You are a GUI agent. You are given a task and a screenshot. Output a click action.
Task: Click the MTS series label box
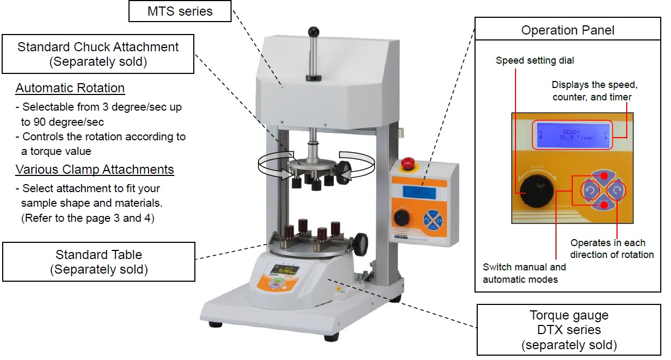click(x=180, y=11)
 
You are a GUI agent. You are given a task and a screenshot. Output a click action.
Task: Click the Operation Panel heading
click(x=567, y=30)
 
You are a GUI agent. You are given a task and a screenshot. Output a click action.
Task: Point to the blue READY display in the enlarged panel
click(x=572, y=134)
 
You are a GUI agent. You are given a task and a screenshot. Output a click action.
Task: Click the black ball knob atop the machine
click(x=313, y=32)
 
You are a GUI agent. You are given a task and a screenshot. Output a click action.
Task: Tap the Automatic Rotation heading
click(x=70, y=88)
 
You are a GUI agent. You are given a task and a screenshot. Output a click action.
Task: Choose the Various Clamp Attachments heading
click(x=94, y=169)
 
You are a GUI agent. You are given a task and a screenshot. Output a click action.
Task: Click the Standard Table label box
click(x=99, y=261)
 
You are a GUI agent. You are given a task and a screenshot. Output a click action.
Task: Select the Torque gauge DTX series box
click(x=569, y=329)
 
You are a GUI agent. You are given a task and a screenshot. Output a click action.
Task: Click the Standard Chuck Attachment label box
click(x=98, y=54)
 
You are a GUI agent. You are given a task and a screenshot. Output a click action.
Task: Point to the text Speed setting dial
click(x=534, y=60)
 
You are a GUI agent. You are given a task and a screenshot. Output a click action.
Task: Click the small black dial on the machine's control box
click(x=401, y=218)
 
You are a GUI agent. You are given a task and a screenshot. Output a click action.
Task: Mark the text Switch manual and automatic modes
click(x=524, y=273)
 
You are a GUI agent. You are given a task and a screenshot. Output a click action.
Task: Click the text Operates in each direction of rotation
click(x=612, y=248)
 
